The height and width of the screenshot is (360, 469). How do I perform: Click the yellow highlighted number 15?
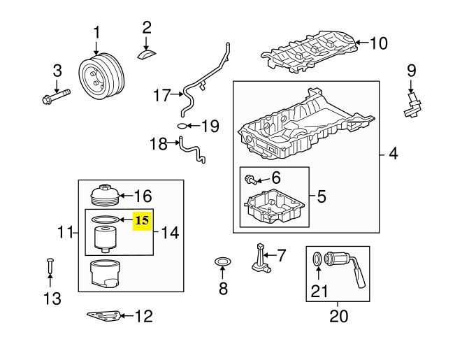point(142,219)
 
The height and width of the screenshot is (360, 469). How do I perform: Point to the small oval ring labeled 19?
point(182,127)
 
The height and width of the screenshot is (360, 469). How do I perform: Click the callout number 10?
point(377,43)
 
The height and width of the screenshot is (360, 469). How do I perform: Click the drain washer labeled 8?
point(223,264)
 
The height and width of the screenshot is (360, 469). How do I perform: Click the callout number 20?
point(338,316)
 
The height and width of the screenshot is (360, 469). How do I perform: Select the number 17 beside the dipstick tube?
point(161,95)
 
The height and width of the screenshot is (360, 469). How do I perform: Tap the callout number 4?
point(393,153)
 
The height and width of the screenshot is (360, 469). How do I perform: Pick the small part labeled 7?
point(260,257)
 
